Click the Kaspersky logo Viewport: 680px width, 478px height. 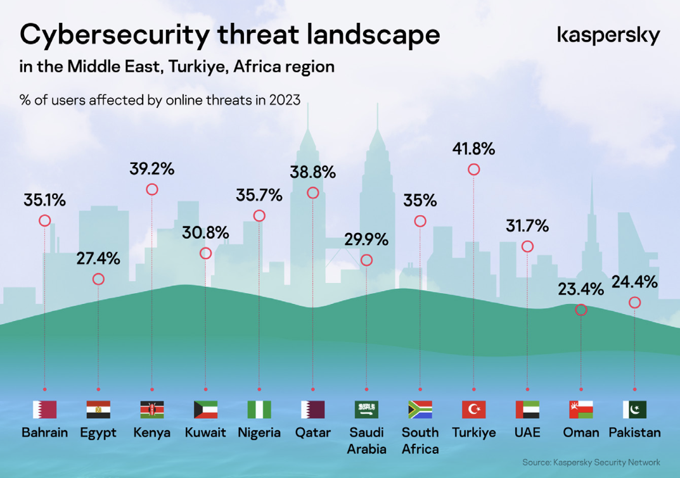click(608, 35)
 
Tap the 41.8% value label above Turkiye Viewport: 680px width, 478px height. click(473, 149)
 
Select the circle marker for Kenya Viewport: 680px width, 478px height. click(151, 189)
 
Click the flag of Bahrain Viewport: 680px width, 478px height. click(44, 410)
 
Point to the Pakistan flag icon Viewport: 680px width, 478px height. click(634, 410)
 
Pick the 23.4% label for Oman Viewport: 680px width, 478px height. click(581, 290)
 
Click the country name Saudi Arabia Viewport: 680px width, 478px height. click(366, 441)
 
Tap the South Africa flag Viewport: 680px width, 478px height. click(420, 410)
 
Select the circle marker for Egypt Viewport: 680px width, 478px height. click(98, 279)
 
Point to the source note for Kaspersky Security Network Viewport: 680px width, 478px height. click(591, 463)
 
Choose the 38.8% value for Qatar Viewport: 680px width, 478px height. click(312, 172)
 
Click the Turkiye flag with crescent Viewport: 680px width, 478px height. click(473, 410)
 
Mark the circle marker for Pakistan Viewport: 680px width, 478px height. click(634, 303)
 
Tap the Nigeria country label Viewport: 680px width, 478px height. click(259, 433)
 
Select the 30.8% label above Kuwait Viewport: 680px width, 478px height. click(205, 233)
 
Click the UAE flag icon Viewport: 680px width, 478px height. click(527, 410)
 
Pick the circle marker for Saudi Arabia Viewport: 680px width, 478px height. click(366, 260)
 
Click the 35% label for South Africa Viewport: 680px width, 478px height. click(420, 201)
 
